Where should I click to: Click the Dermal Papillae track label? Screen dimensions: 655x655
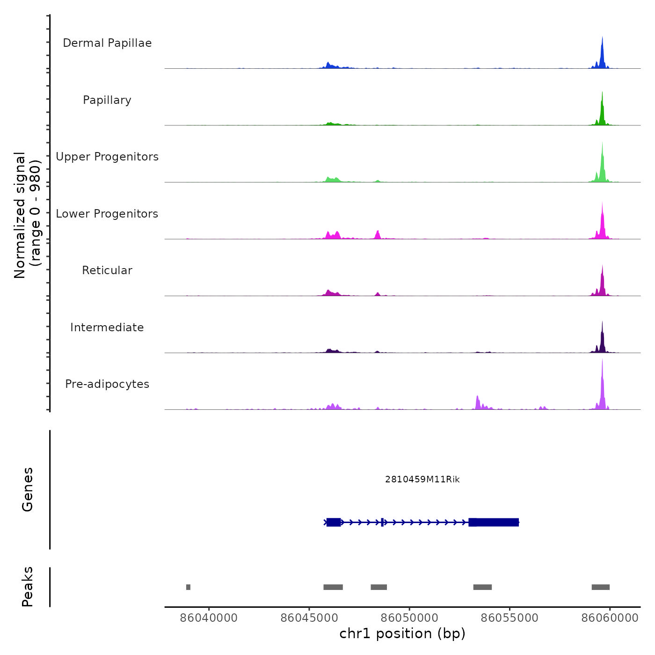(107, 43)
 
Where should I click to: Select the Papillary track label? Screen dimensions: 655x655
(107, 100)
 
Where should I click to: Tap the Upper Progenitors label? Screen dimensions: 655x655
(107, 157)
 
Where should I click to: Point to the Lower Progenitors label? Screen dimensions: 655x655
(107, 214)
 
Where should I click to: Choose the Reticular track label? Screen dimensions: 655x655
(107, 270)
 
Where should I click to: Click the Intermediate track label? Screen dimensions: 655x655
(107, 327)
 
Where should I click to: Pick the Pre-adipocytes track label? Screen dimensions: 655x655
(107, 384)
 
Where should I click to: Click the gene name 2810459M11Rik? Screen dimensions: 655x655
(422, 479)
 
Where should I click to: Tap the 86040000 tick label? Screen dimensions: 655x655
(209, 618)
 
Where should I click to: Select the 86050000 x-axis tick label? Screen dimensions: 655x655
(409, 618)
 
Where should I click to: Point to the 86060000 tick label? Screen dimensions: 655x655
(610, 618)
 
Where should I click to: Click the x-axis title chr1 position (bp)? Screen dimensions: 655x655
(402, 633)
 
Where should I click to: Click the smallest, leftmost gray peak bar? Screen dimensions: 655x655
(188, 587)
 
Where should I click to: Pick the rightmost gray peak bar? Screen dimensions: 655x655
(600, 587)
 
